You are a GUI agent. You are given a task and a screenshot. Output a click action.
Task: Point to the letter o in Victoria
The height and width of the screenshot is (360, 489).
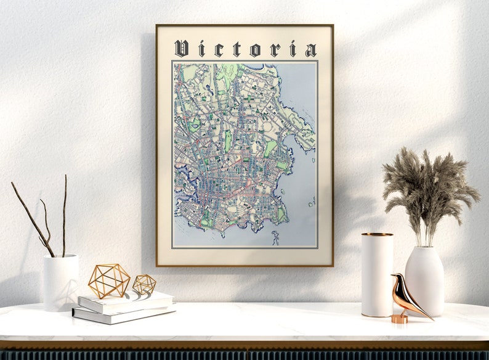click(x=255, y=50)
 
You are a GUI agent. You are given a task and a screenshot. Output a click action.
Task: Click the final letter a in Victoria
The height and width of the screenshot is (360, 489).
click(x=310, y=50)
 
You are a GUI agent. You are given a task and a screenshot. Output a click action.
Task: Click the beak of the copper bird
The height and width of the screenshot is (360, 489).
click(x=392, y=277)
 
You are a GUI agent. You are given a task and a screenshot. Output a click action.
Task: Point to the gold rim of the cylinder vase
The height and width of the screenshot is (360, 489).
click(x=377, y=234)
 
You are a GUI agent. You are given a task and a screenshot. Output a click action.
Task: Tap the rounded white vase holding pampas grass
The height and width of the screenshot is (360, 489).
click(x=424, y=280)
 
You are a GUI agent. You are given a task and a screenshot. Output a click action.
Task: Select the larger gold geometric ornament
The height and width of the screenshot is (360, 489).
click(x=108, y=281)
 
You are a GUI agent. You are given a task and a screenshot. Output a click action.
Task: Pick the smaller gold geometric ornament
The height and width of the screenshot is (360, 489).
click(x=144, y=284)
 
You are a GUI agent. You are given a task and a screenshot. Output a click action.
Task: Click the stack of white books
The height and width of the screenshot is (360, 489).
click(x=123, y=306)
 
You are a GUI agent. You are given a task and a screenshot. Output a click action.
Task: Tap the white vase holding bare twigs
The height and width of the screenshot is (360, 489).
click(x=60, y=282)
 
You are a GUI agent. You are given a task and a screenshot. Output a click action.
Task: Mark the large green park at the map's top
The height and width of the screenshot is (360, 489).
click(x=227, y=73)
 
